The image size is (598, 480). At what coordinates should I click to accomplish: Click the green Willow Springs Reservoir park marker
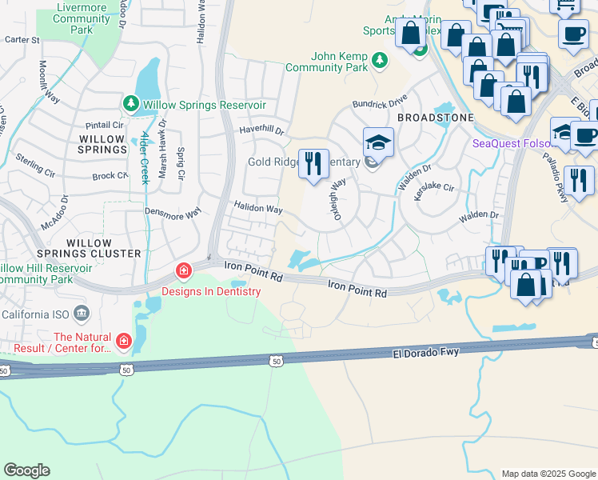(x=130, y=104)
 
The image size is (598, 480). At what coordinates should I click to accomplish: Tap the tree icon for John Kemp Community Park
(x=380, y=59)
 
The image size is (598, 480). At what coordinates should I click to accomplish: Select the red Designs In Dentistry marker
(x=184, y=272)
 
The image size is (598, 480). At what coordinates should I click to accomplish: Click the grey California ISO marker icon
(x=81, y=312)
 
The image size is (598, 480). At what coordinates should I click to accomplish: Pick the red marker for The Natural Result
(x=123, y=342)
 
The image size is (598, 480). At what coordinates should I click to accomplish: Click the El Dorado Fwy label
(x=426, y=351)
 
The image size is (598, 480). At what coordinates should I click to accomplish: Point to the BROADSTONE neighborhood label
(x=436, y=118)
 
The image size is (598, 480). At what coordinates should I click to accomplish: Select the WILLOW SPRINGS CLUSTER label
(x=104, y=248)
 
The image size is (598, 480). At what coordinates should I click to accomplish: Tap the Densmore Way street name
(x=171, y=214)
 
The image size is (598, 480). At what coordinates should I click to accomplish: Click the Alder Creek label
(x=145, y=158)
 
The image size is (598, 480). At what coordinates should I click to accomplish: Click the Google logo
(x=26, y=470)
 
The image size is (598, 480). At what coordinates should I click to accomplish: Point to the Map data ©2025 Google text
(x=548, y=474)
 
